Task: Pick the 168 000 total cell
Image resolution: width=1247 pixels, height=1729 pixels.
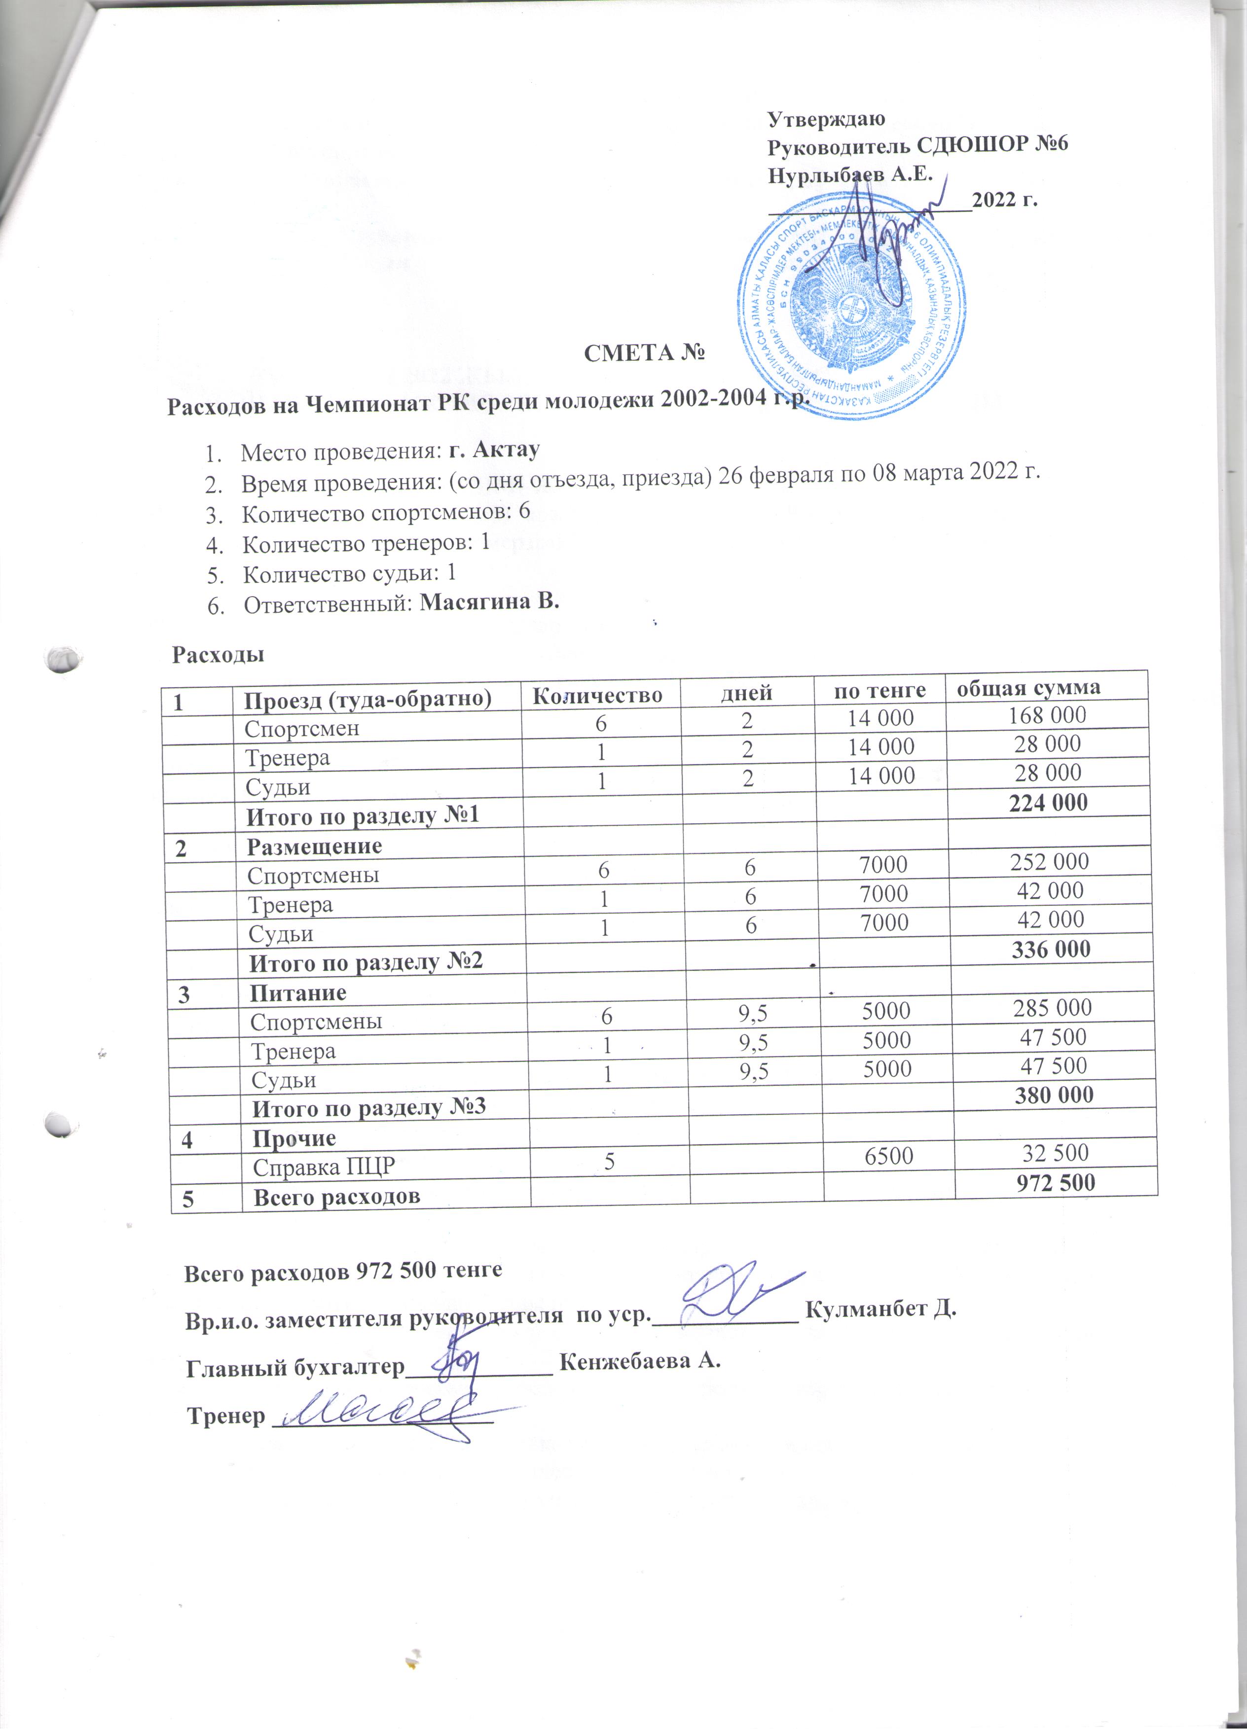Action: pyautogui.click(x=1047, y=714)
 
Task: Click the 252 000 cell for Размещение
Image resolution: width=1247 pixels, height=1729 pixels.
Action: pyautogui.click(x=1050, y=861)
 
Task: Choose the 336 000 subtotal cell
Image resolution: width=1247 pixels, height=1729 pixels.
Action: pyautogui.click(x=1050, y=949)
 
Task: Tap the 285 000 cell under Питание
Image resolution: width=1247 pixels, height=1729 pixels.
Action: pyautogui.click(x=1052, y=1008)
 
